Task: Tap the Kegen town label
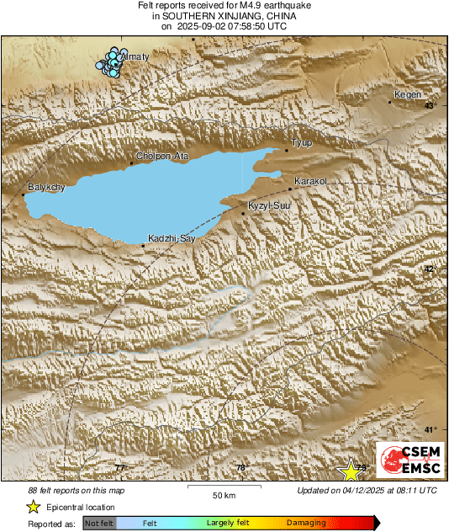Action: pyautogui.click(x=408, y=94)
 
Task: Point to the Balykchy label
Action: pyautogui.click(x=46, y=187)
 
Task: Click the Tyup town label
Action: pyautogui.click(x=301, y=143)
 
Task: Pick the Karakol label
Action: pyautogui.click(x=310, y=181)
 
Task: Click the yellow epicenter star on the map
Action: pyautogui.click(x=349, y=471)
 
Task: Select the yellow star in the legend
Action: pyautogui.click(x=33, y=507)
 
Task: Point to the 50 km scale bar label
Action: pyautogui.click(x=223, y=494)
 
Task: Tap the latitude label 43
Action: pyautogui.click(x=430, y=106)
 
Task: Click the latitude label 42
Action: pyautogui.click(x=430, y=269)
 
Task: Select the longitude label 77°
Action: pyautogui.click(x=120, y=467)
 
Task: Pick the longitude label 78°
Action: pyautogui.click(x=241, y=468)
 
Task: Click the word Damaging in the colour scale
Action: pyautogui.click(x=306, y=524)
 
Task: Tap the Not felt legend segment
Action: pyautogui.click(x=99, y=524)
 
